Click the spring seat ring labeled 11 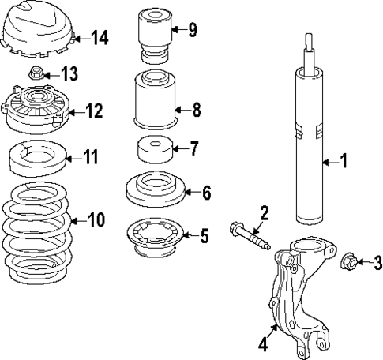(36, 159)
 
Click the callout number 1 (344, 163)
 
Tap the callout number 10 (96, 219)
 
